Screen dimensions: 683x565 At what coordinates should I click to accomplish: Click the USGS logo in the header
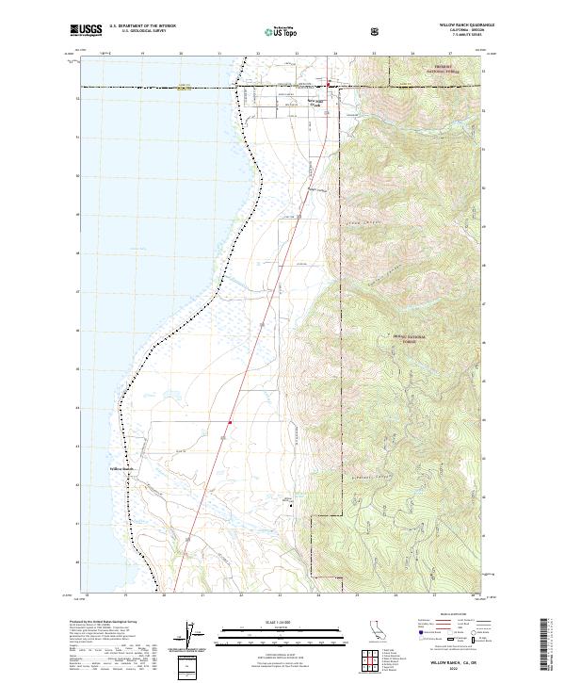pyautogui.click(x=86, y=30)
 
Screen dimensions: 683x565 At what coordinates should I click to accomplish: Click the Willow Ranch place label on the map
pyautogui.click(x=123, y=468)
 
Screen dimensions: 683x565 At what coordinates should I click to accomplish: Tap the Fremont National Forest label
pyautogui.click(x=411, y=69)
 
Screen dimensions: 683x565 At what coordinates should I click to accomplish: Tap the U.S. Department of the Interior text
pyautogui.click(x=141, y=26)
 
